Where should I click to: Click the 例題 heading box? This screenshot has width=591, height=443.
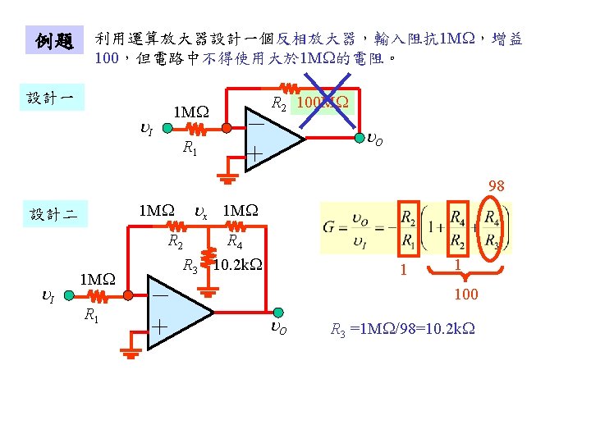[54, 41]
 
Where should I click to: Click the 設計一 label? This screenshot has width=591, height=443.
[50, 98]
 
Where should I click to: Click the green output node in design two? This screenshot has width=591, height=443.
[278, 312]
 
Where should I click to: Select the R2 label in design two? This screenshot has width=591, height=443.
[175, 241]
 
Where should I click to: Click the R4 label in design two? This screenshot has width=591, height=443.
[234, 241]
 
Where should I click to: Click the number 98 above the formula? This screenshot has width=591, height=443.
[496, 186]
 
